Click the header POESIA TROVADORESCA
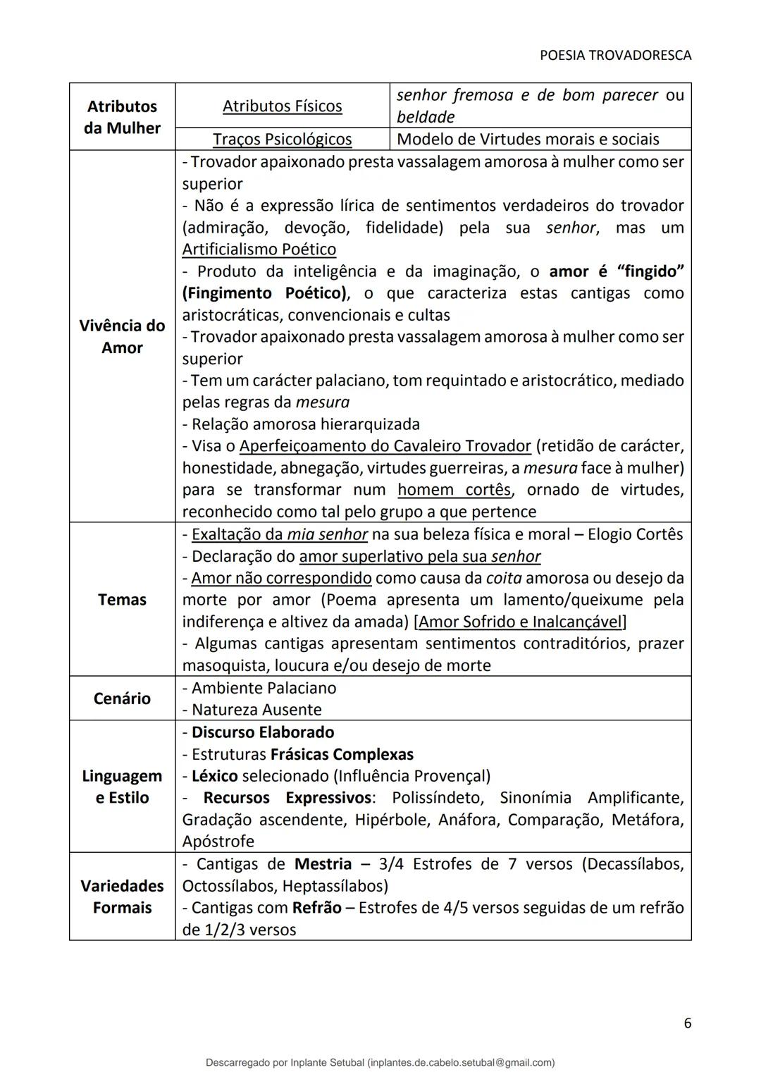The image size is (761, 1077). point(615,55)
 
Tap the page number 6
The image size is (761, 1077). point(687,1023)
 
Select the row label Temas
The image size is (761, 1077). point(122,600)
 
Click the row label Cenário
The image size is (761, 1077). point(122,698)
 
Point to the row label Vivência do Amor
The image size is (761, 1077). point(122,336)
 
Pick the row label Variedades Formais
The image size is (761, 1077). point(122,897)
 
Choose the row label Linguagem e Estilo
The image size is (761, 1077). point(122,787)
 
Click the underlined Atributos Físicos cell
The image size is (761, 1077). point(282,106)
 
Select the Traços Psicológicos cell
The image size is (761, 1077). point(282,140)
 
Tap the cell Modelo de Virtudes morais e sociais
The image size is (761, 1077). point(528,140)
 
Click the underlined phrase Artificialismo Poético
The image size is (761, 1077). point(259,250)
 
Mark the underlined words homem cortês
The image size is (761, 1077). point(454,490)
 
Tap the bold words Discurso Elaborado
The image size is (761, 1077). point(262,732)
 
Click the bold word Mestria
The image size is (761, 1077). point(323,864)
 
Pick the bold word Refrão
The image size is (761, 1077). point(317,908)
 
